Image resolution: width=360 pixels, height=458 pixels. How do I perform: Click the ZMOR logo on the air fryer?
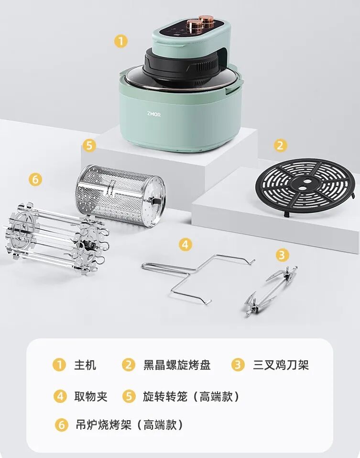154,114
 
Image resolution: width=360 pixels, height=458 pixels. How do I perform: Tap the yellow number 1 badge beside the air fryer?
121,41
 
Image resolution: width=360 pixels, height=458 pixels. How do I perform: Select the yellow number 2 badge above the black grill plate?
280,145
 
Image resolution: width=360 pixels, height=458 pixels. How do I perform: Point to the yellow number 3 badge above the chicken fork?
282,255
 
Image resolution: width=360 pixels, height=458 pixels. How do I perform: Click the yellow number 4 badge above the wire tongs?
185,245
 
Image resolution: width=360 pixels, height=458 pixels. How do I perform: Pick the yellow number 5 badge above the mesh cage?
89,145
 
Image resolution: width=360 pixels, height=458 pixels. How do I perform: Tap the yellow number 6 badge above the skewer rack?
35,179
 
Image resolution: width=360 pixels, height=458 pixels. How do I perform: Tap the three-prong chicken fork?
271,290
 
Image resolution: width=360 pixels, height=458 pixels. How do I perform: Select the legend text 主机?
85,365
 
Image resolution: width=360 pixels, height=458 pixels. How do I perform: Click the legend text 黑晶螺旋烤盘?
177,365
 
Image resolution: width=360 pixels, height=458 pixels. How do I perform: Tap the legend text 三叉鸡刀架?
281,365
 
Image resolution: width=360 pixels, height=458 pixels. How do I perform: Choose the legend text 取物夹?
91,396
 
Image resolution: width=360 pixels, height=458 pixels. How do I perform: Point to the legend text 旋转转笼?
165,396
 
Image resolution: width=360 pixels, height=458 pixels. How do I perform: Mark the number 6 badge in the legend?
62,425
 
